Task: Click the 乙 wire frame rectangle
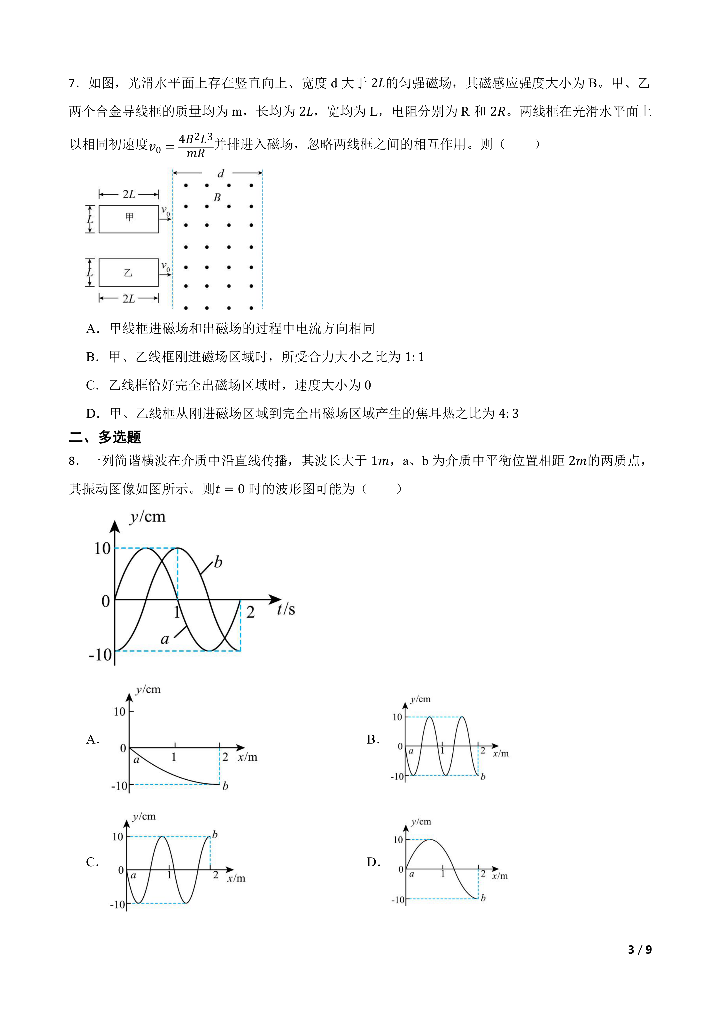pos(129,273)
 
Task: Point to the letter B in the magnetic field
pos(217,198)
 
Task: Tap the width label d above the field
pos(221,174)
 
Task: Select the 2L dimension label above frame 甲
pos(129,194)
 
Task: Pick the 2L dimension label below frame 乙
pos(129,299)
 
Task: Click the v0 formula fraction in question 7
pos(195,145)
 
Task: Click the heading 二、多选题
pos(105,437)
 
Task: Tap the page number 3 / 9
pos(640,949)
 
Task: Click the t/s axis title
pos(286,609)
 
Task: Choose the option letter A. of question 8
pos(93,739)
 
